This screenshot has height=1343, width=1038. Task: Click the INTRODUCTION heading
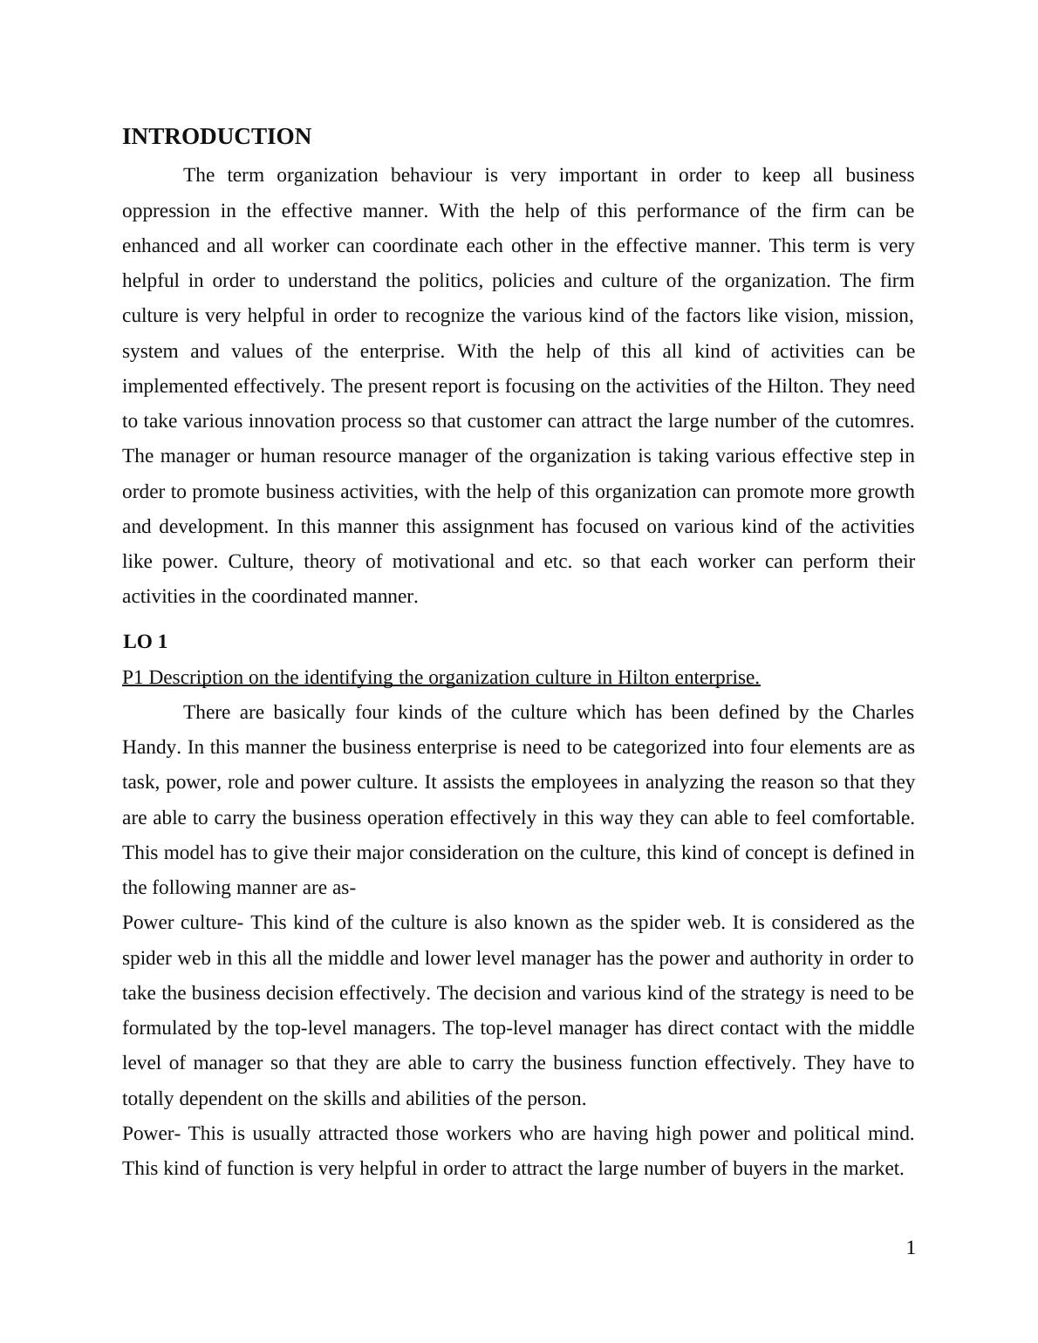pos(216,137)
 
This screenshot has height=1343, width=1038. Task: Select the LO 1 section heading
pos(145,642)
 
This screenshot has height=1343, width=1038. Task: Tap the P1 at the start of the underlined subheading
pos(133,678)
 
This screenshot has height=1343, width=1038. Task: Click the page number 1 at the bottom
pos(910,1248)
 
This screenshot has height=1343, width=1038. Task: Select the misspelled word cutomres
pos(876,421)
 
